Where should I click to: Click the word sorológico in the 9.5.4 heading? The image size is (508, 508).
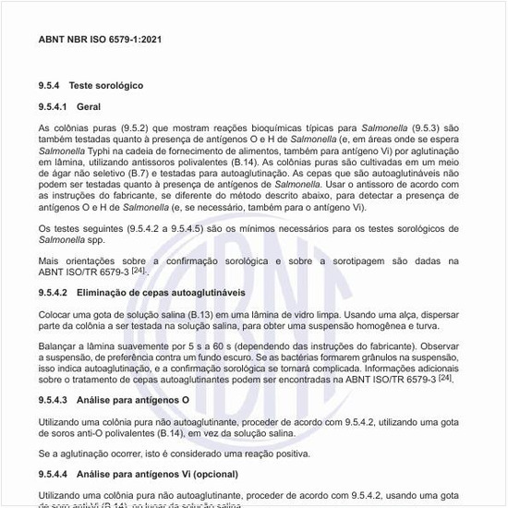119,85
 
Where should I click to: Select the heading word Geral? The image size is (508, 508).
89,106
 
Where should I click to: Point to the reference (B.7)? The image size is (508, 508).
195,172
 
